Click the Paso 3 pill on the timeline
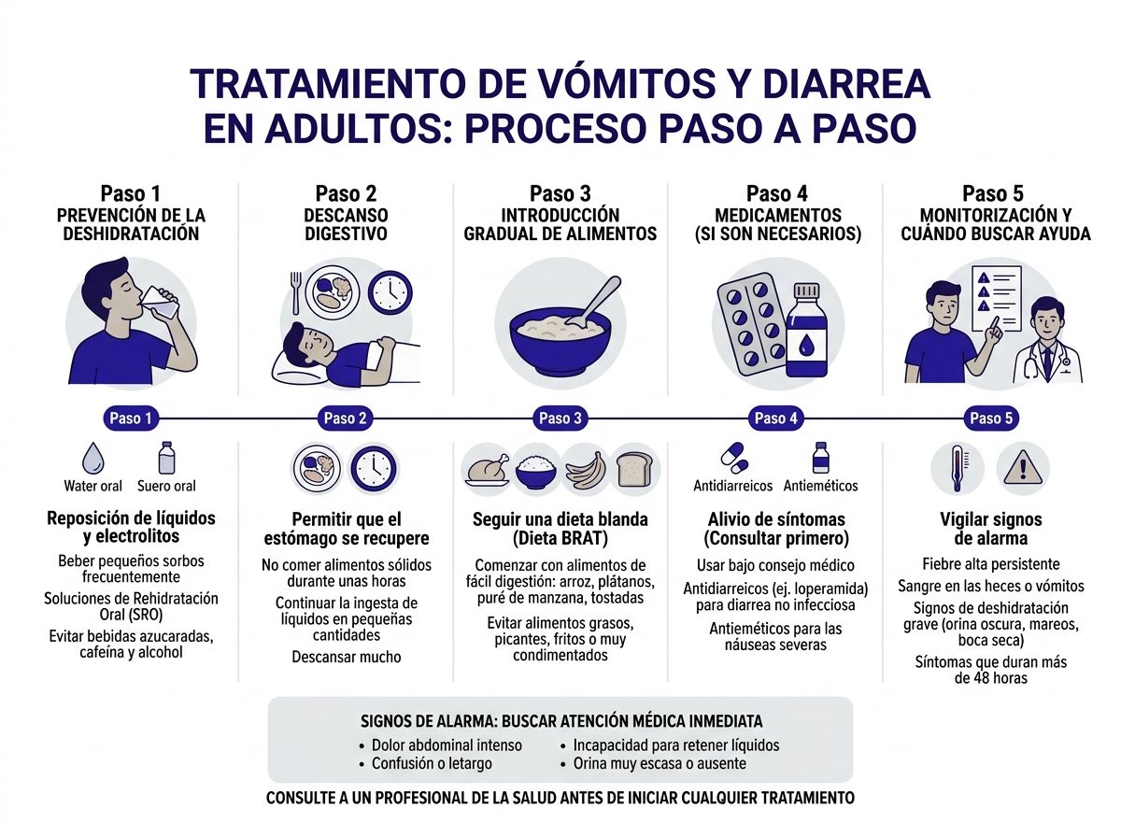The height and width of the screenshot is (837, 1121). pyautogui.click(x=560, y=418)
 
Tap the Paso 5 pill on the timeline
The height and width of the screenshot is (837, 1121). pyautogui.click(x=991, y=418)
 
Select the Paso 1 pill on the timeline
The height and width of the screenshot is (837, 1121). pyautogui.click(x=130, y=418)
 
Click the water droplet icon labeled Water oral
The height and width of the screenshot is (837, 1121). pyautogui.click(x=93, y=459)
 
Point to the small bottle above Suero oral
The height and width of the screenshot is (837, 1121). pyautogui.click(x=166, y=458)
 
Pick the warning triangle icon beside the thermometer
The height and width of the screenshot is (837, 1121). pyautogui.click(x=1022, y=467)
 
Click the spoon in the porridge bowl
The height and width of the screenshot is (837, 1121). pyautogui.click(x=589, y=299)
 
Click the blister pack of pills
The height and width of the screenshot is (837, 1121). pyautogui.click(x=753, y=322)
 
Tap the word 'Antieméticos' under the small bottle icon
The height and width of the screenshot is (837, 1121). pyautogui.click(x=820, y=486)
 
